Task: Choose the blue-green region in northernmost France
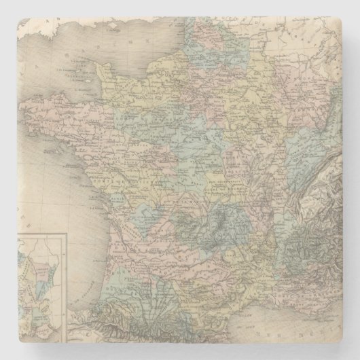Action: click(x=204, y=37)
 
